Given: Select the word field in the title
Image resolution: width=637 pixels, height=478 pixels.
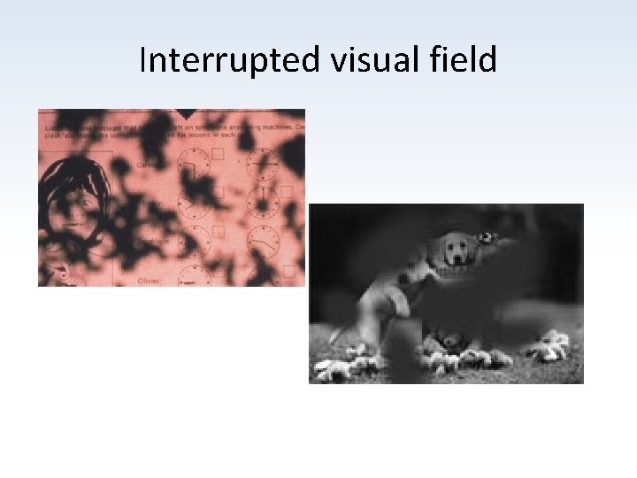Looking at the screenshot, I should (461, 61).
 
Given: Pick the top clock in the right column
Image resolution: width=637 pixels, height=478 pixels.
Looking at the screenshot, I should (261, 163).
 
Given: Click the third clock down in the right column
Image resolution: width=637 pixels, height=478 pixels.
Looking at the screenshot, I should (261, 240).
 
